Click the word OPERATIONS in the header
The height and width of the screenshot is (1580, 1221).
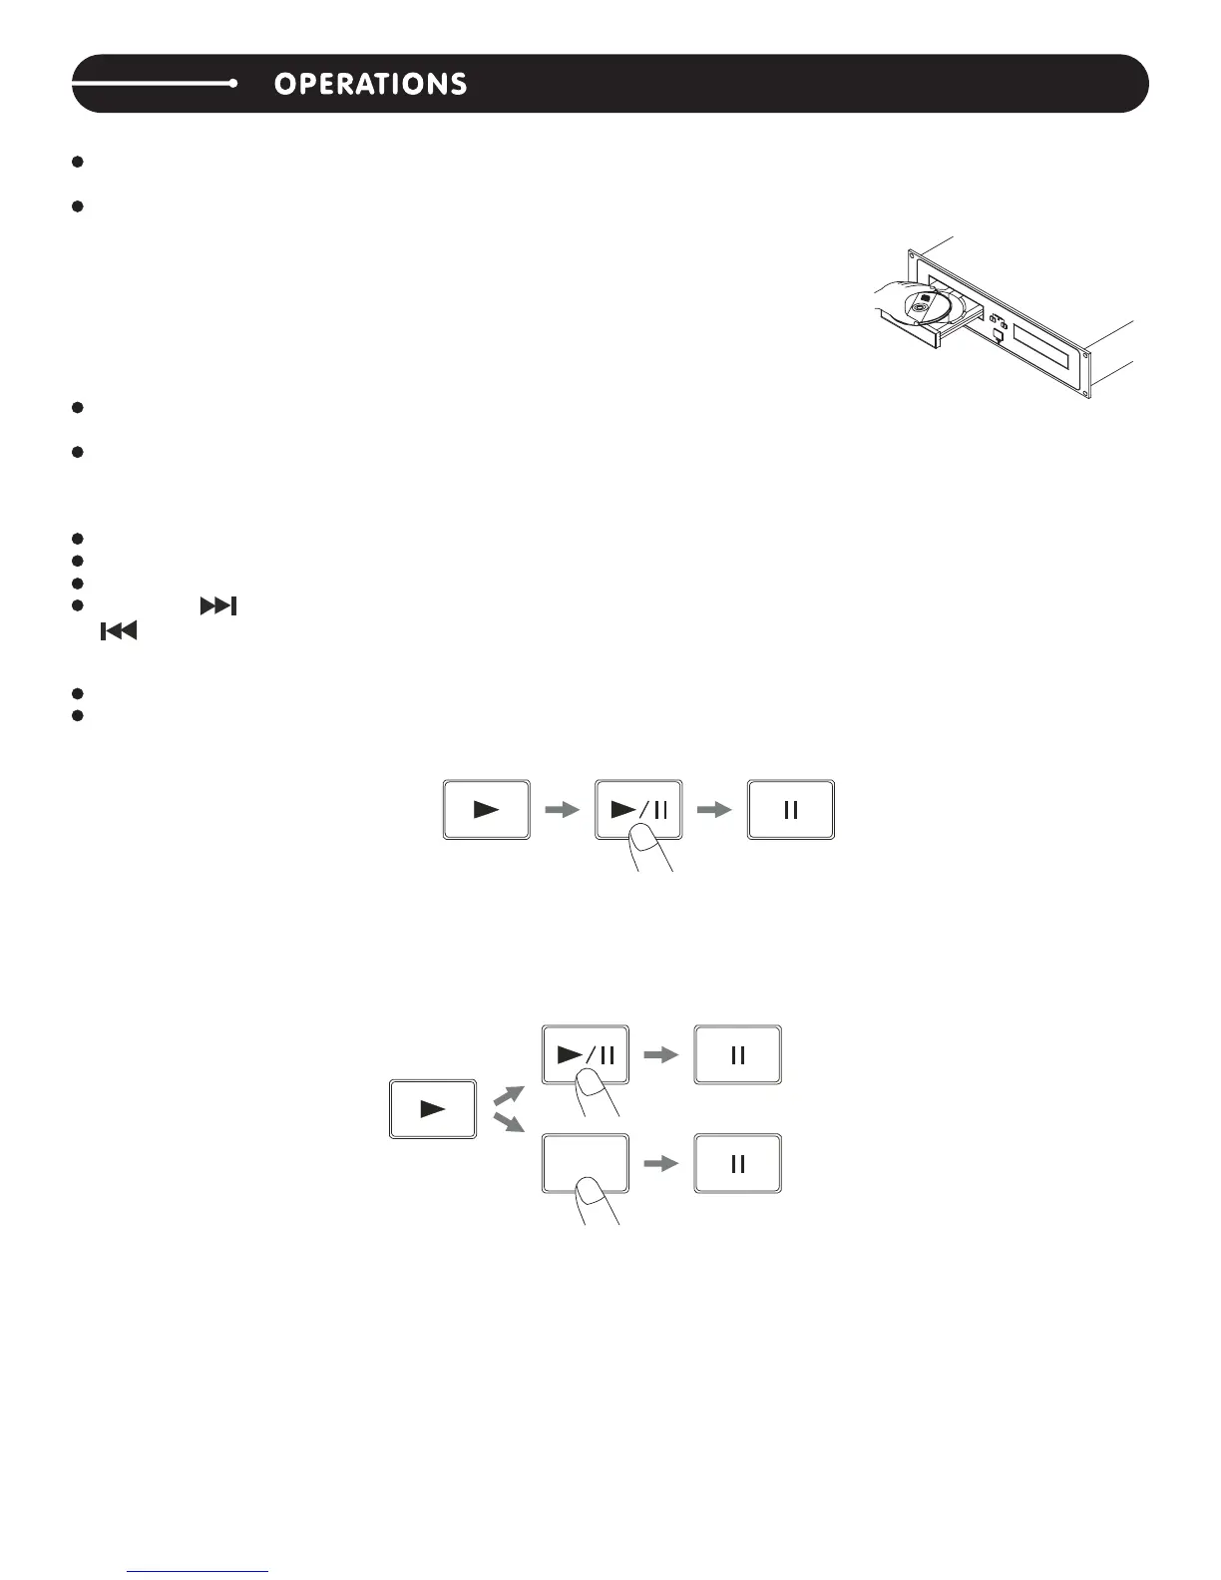pos(370,84)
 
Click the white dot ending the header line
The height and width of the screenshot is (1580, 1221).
pos(232,84)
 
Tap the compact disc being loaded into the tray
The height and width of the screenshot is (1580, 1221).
pos(925,308)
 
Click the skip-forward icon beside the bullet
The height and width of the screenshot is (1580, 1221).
pos(218,606)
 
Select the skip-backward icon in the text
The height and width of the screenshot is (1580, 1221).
pos(118,630)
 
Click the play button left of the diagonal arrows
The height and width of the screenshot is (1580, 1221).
pos(432,1109)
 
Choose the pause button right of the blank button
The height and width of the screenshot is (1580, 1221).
pos(737,1164)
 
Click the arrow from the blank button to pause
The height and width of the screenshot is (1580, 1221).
pos(661,1164)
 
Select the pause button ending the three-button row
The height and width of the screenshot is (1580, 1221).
pos(790,810)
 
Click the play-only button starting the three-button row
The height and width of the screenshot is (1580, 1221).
pos(486,810)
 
